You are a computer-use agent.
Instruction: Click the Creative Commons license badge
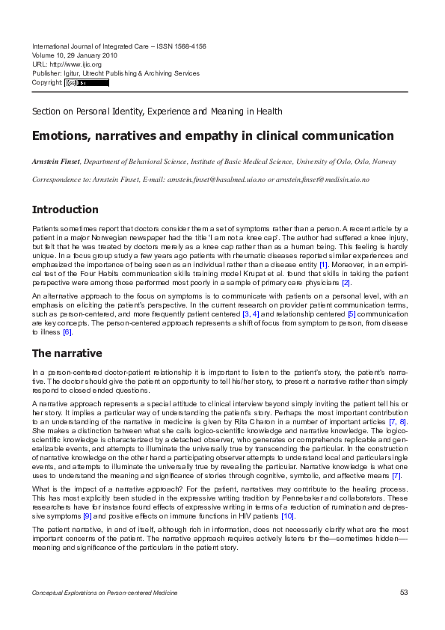(x=87, y=82)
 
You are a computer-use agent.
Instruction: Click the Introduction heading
(x=65, y=210)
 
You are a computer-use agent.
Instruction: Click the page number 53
(x=403, y=593)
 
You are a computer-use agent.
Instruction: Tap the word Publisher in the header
(x=47, y=73)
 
